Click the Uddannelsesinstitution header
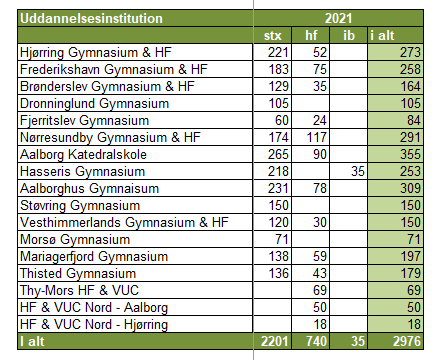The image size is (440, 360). pos(91,18)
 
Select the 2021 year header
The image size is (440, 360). pos(338,18)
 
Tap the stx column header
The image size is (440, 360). pos(273,36)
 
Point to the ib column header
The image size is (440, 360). pos(349,35)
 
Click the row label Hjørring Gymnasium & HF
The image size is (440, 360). pos(96,53)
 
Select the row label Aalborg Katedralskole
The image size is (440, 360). pos(83,155)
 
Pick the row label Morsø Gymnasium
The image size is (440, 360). pos(75,240)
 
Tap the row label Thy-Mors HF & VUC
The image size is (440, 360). pos(79,291)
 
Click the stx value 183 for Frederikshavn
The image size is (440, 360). pos(279,69)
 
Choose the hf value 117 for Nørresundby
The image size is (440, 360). pos(317,137)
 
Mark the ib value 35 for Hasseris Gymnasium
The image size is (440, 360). pos(358,171)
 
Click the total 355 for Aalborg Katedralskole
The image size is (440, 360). pos(410,154)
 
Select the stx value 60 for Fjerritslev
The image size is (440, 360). pos(282,120)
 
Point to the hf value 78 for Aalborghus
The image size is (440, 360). pos(320,188)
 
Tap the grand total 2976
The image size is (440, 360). pos(407,341)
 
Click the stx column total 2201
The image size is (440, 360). pos(274,341)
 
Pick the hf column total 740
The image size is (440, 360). pos(316,341)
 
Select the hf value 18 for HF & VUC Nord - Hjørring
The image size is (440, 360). pos(320,324)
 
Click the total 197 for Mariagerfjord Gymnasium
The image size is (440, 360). pos(410,256)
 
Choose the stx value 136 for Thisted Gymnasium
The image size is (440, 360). pos(279,273)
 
